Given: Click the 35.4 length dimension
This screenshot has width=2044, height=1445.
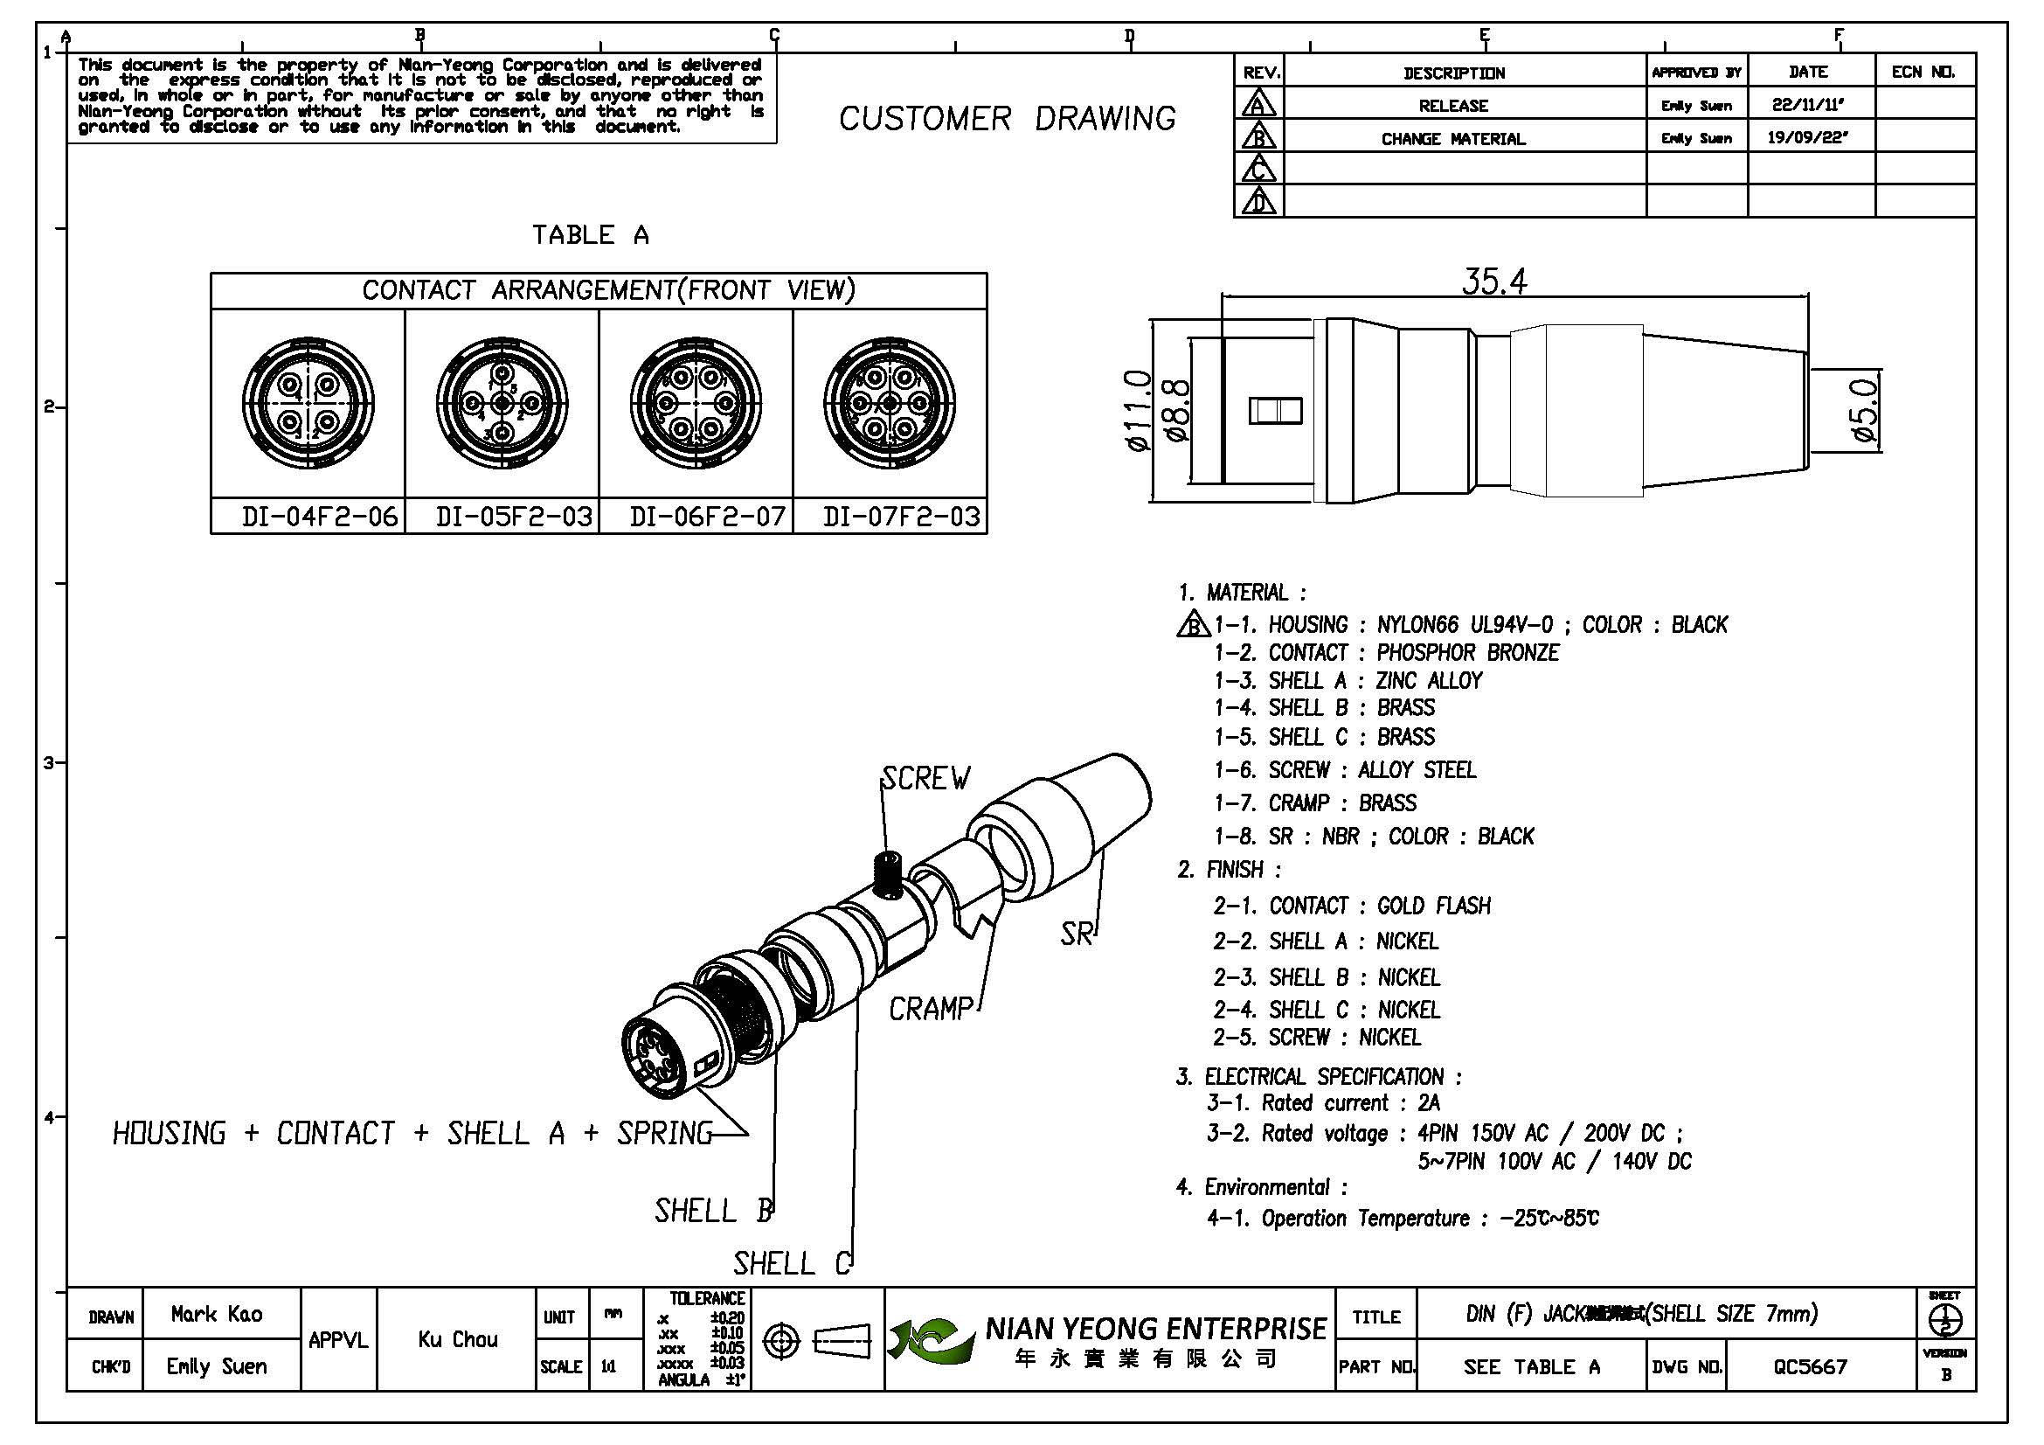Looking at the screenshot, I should (1493, 281).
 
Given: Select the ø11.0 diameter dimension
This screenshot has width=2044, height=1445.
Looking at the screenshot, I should (1139, 411).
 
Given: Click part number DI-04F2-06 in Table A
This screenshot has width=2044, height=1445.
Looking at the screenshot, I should (319, 517).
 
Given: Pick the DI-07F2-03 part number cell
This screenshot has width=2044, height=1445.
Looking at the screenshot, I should (901, 517).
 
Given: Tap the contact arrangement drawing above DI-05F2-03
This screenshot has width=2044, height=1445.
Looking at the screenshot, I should (502, 403).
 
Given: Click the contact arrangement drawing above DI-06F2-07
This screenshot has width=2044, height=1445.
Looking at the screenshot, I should (696, 403).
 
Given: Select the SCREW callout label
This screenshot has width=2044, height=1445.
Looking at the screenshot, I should (925, 778).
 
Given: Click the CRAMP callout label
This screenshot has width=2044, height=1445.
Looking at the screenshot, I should (931, 1009).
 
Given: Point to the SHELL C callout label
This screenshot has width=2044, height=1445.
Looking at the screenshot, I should (792, 1262).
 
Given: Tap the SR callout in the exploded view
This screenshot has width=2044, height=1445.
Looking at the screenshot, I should (1076, 934).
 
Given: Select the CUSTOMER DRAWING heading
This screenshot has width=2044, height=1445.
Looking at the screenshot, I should (1007, 118).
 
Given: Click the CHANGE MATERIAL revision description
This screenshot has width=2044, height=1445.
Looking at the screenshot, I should (1453, 139).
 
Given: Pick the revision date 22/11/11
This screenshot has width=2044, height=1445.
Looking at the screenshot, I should (1807, 105).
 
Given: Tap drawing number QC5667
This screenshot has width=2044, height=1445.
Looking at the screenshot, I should (1810, 1365).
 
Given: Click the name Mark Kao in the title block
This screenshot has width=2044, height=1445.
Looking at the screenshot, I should (217, 1314).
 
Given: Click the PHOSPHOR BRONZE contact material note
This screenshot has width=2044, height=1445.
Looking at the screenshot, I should (1467, 653).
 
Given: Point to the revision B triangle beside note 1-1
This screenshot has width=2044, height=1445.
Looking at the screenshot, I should (1192, 625).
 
